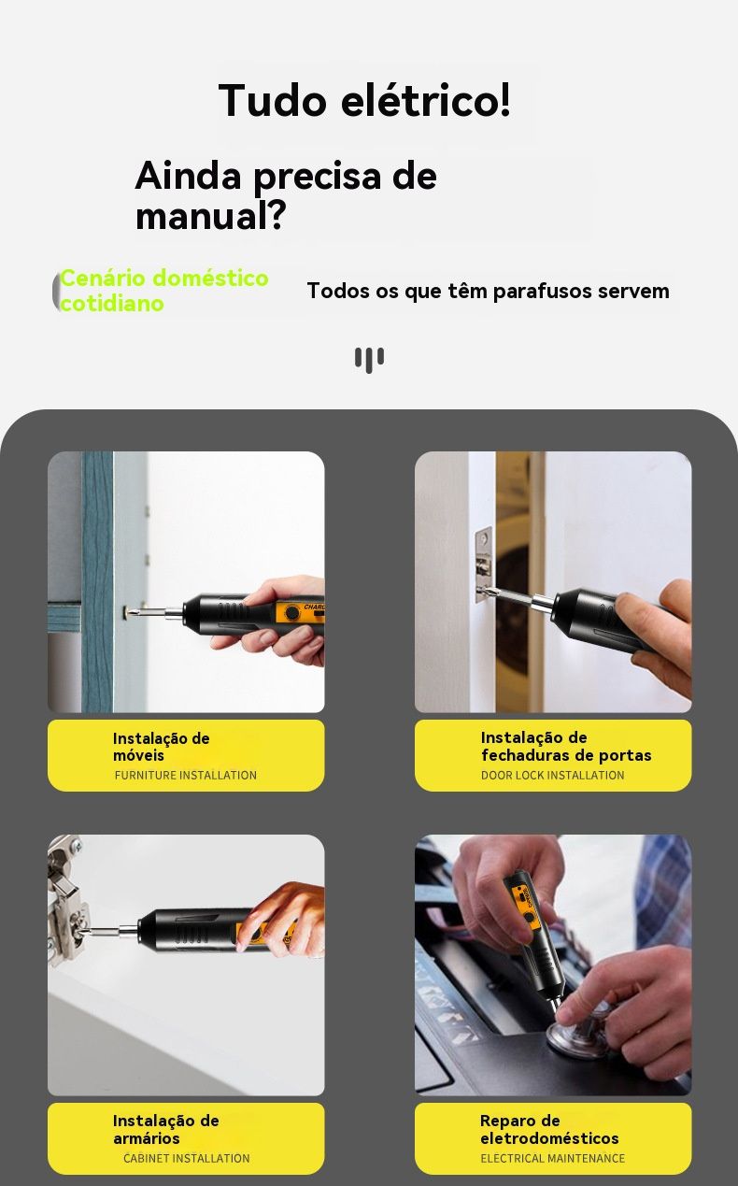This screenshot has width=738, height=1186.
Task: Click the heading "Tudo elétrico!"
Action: tap(364, 100)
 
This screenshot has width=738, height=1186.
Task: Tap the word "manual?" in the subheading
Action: tap(211, 215)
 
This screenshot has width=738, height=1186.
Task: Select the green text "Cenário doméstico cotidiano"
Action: tap(164, 290)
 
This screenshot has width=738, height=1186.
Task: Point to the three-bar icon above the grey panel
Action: tap(369, 360)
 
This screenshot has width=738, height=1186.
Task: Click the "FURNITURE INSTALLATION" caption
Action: tap(185, 775)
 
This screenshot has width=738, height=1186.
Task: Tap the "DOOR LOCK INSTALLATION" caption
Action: tap(552, 775)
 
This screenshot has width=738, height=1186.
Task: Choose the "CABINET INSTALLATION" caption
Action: tap(186, 1158)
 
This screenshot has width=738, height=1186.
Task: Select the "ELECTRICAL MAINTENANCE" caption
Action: tap(552, 1158)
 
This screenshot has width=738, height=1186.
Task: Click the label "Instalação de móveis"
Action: tap(161, 747)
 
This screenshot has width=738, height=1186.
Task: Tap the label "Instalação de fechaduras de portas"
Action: tap(566, 746)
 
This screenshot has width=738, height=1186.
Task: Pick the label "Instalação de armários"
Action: tap(165, 1129)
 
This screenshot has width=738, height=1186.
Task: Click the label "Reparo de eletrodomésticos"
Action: tap(549, 1129)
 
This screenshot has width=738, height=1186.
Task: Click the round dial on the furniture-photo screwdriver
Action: tap(291, 613)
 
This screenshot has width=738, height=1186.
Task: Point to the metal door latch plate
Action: tap(483, 564)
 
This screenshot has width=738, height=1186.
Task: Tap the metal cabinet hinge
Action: tap(66, 894)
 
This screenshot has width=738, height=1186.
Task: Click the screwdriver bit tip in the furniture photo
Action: tap(129, 611)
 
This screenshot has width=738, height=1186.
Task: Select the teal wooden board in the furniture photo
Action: tap(97, 581)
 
